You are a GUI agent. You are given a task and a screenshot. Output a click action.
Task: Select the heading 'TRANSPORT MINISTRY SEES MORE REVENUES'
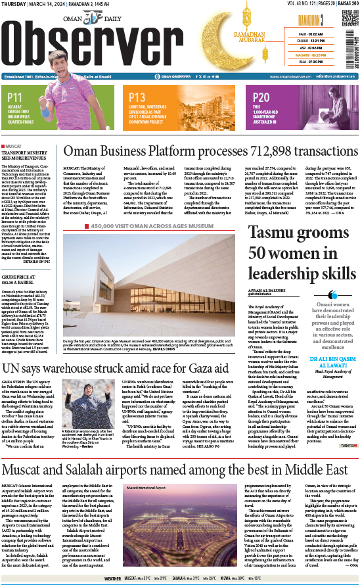[x=23, y=156]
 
